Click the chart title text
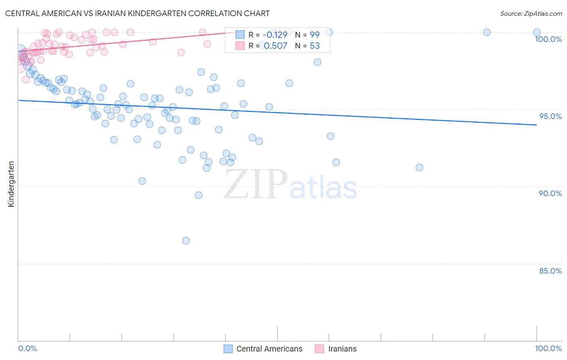click(138, 13)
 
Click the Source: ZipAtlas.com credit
click(531, 13)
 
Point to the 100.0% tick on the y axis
click(548, 39)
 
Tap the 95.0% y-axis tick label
click(550, 116)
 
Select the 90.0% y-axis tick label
click(550, 193)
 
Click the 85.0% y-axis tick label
click(550, 271)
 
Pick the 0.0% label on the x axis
click(27, 348)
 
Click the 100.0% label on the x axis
click(548, 348)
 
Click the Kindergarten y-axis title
click(11, 184)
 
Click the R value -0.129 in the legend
click(275, 35)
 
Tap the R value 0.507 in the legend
click(275, 46)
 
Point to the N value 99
click(315, 35)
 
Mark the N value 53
click(315, 46)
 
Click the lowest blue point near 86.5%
click(186, 241)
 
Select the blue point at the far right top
click(537, 32)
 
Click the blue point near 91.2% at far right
click(419, 167)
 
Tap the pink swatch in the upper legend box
click(240, 46)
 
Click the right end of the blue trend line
click(537, 125)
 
